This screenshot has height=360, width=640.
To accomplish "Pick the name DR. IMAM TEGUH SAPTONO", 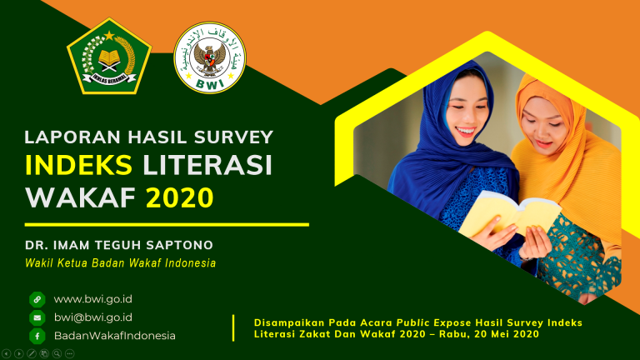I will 119,245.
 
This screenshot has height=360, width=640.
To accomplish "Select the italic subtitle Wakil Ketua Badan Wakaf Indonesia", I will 120,263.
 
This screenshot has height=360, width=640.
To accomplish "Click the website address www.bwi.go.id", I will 92,298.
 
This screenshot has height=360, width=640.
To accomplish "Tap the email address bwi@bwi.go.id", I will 92,317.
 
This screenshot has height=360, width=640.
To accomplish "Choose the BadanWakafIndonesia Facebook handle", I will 115,335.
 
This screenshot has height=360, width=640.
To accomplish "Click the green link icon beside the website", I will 37,299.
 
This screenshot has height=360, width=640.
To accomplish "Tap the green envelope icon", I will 37,317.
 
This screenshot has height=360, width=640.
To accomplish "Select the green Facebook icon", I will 37,336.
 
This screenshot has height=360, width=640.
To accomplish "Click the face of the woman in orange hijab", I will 542,130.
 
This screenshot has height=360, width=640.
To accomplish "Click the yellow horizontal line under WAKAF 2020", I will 167,224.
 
